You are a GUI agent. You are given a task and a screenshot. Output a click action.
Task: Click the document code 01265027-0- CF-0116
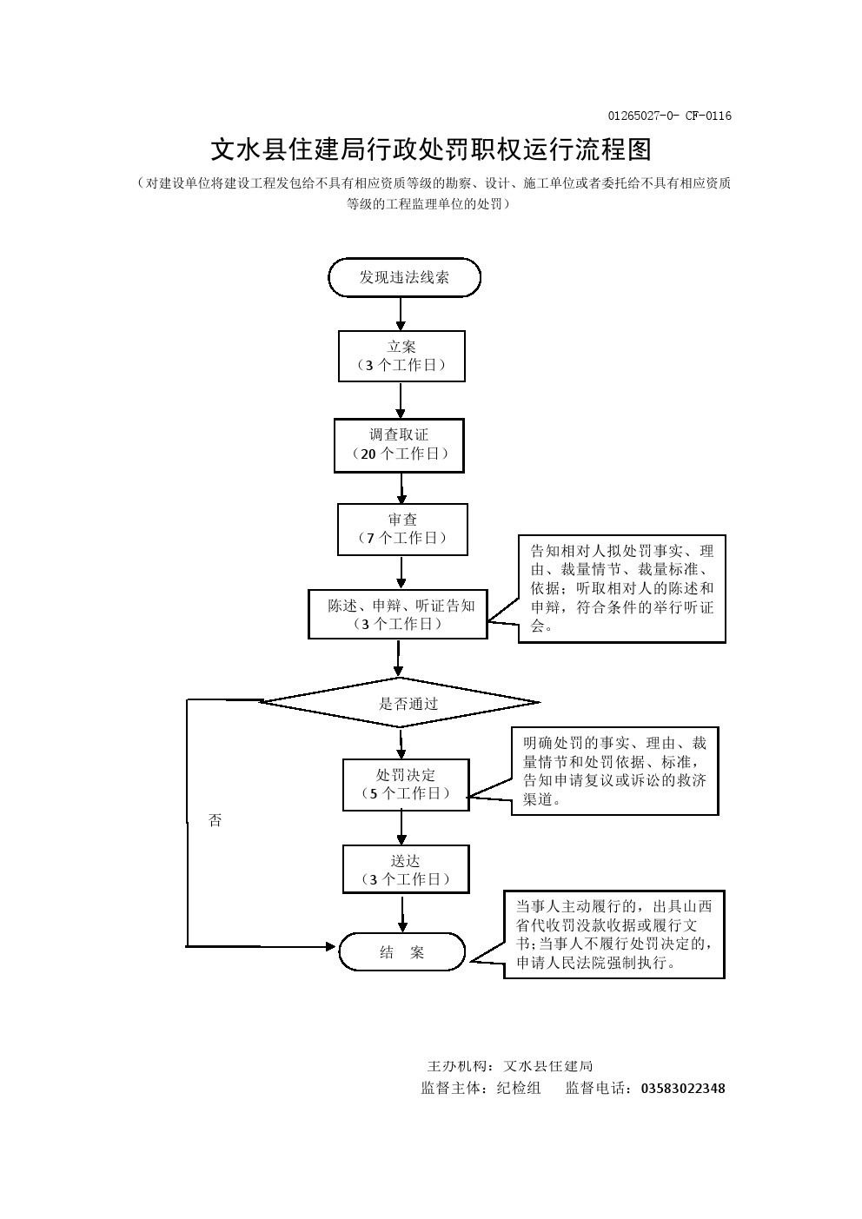click(x=669, y=116)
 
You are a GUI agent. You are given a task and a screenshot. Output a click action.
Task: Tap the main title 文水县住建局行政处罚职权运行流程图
click(x=431, y=149)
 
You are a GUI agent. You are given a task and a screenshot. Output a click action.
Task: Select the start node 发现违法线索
click(x=404, y=278)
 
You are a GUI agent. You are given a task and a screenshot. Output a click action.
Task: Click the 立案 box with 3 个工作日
click(x=401, y=356)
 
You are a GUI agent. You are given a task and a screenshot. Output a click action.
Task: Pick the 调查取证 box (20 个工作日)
click(x=399, y=445)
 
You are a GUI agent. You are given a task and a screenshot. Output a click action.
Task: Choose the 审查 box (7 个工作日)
click(x=402, y=529)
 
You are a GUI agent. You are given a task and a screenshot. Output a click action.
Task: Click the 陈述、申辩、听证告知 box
click(x=398, y=614)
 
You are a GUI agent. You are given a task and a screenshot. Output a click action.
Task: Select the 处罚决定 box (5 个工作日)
click(x=405, y=785)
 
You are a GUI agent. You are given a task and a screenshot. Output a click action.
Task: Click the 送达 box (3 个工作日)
click(x=406, y=870)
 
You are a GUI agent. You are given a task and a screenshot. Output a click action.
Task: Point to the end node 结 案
click(x=401, y=952)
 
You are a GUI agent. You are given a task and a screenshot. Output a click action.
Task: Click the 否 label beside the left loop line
click(x=215, y=820)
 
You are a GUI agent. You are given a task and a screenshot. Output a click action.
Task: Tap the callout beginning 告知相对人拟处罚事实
click(x=622, y=588)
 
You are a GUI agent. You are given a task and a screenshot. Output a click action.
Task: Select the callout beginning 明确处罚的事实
click(x=614, y=772)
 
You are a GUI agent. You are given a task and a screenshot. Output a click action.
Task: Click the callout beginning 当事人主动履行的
click(x=613, y=934)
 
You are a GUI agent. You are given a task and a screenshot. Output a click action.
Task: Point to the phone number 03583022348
click(x=683, y=1089)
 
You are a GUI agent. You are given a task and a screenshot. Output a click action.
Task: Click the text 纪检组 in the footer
click(x=519, y=1089)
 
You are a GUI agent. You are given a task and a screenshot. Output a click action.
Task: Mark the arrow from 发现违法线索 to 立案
click(x=401, y=314)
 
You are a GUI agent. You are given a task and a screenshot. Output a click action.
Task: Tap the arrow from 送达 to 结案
click(x=403, y=913)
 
